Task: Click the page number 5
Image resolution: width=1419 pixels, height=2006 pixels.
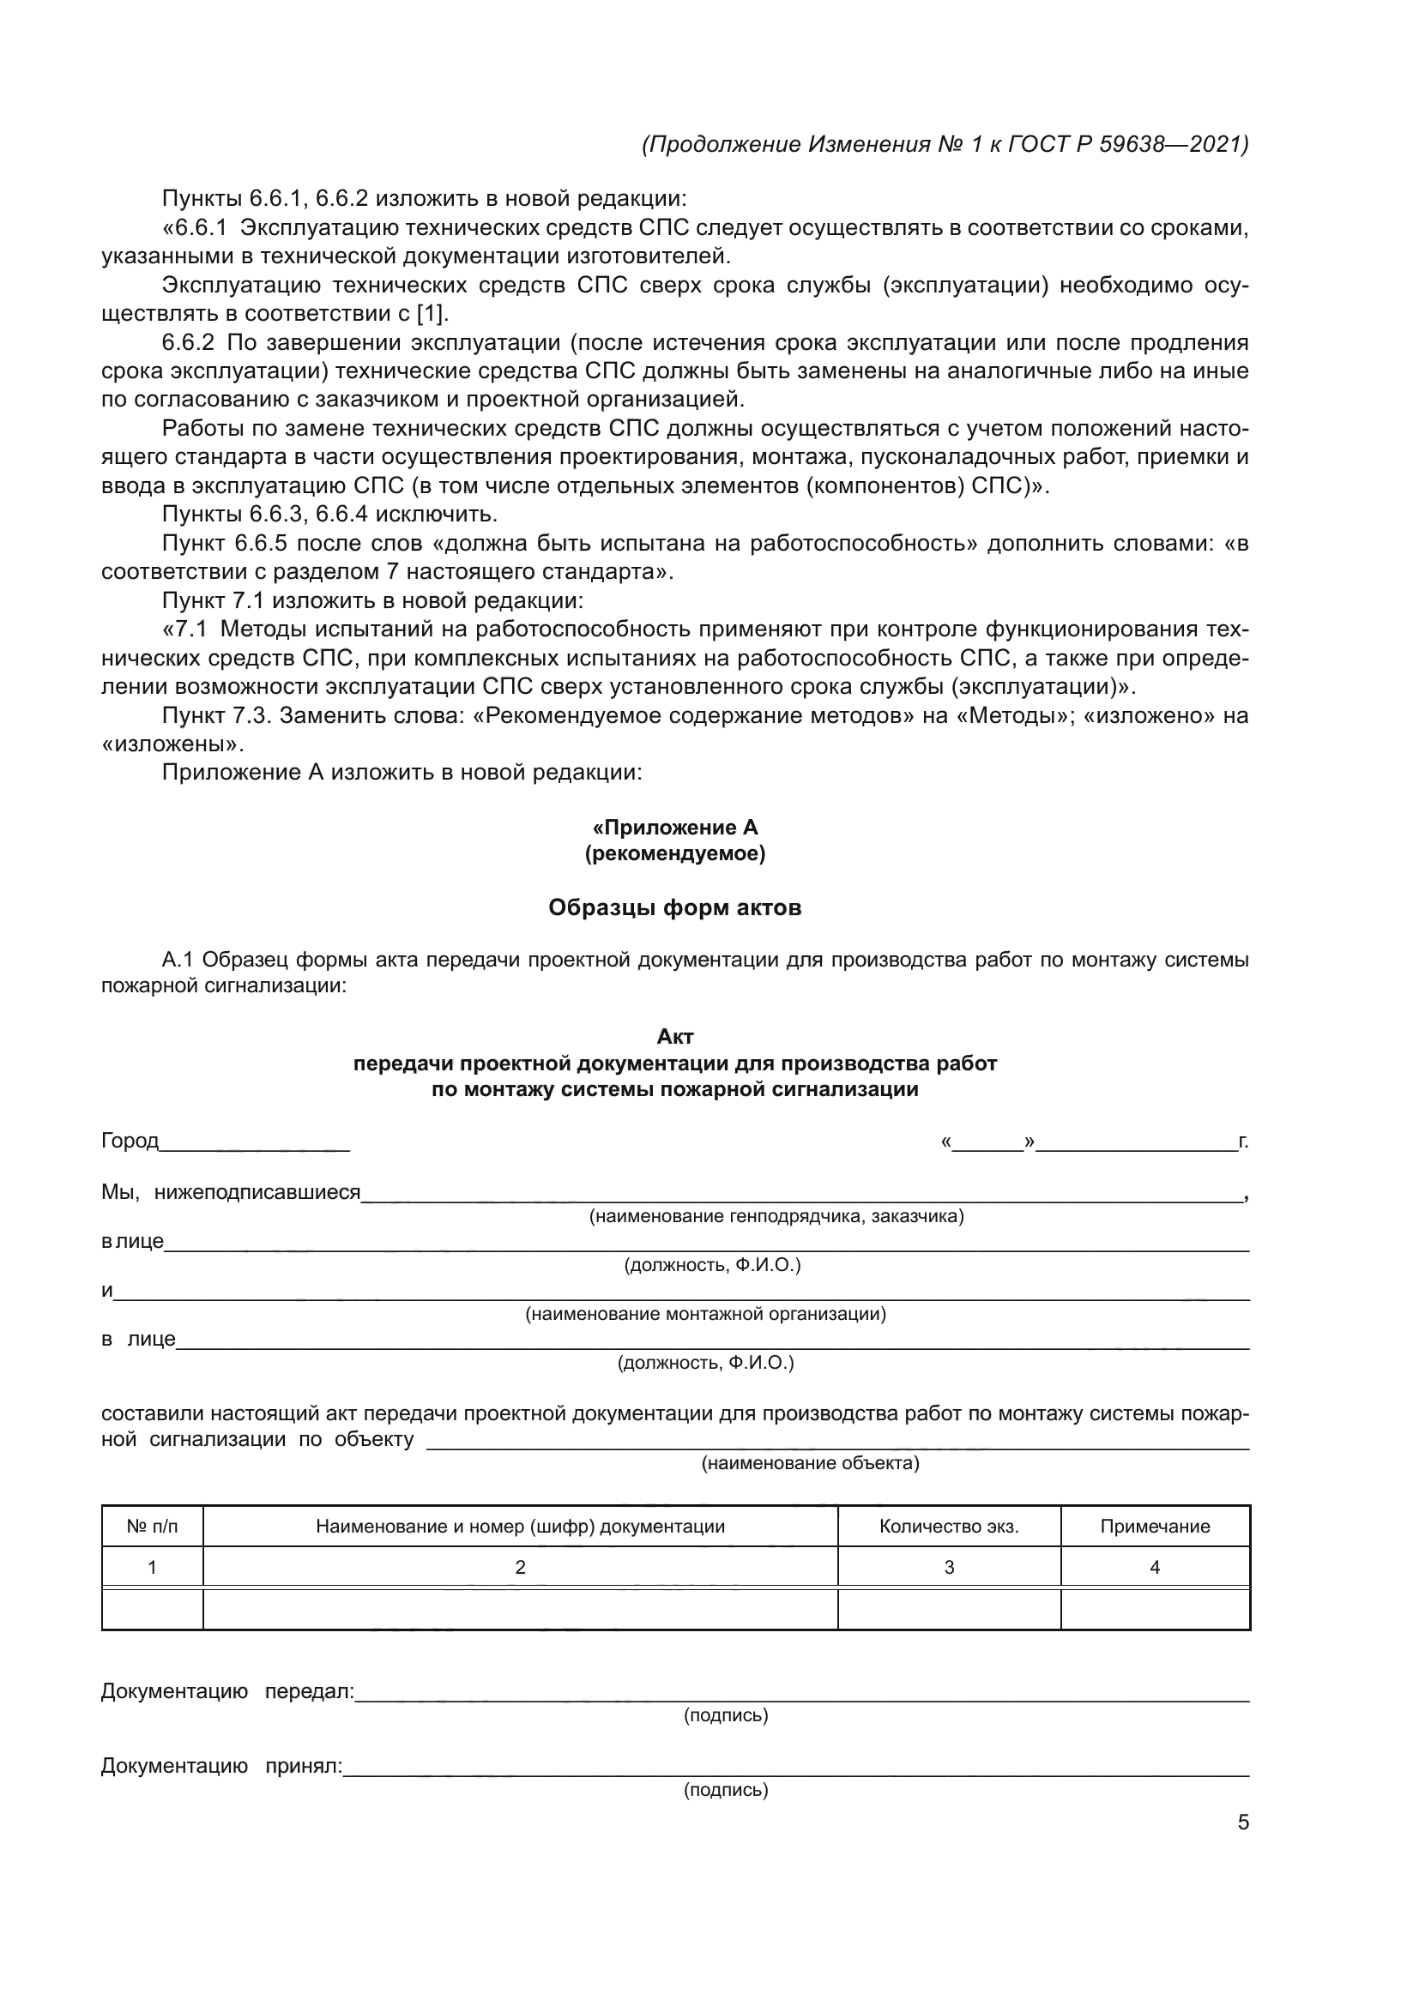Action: click(x=1242, y=1822)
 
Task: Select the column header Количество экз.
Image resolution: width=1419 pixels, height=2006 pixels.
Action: click(x=948, y=1527)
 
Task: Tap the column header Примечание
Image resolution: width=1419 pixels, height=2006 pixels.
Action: click(x=1154, y=1527)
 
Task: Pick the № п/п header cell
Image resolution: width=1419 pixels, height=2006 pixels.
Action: click(x=152, y=1527)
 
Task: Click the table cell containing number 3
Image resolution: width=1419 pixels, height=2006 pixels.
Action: click(x=948, y=1568)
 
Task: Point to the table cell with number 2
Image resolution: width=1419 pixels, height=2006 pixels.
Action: click(x=520, y=1568)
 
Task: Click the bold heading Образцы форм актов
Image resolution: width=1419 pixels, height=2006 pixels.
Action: click(x=674, y=907)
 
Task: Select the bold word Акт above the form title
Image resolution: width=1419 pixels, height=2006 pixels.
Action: click(x=674, y=1037)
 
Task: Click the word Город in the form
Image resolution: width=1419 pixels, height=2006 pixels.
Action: click(x=130, y=1141)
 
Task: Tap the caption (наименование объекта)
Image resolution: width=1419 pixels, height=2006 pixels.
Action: click(x=810, y=1463)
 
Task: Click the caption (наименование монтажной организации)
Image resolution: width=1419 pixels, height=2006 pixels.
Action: click(x=705, y=1314)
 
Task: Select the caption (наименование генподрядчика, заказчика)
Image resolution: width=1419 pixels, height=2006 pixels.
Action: click(x=776, y=1216)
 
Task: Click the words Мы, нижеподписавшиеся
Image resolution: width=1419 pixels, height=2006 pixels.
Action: click(x=231, y=1192)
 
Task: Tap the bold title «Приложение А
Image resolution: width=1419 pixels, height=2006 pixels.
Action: click(x=674, y=828)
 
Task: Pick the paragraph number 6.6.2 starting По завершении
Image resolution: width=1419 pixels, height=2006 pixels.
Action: click(x=188, y=342)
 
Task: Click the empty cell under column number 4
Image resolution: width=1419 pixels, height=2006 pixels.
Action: click(x=1154, y=1608)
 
